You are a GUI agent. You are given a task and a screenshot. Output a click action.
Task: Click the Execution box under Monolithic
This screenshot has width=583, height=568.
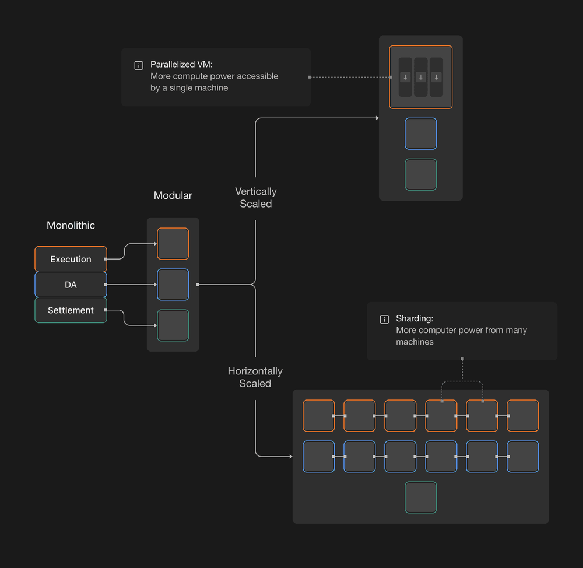tap(71, 259)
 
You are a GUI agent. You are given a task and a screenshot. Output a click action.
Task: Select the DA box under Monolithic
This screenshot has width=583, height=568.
tap(71, 285)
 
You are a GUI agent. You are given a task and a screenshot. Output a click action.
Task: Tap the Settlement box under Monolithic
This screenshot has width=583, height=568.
tap(71, 310)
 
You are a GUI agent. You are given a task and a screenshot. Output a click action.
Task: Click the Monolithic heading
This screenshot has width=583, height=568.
tap(71, 225)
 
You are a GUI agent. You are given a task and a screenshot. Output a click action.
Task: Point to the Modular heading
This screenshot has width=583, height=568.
tap(173, 195)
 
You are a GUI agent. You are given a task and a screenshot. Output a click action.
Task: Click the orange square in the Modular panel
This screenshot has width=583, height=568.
tap(173, 244)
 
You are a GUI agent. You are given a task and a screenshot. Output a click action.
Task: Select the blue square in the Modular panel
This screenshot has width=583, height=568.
tap(173, 285)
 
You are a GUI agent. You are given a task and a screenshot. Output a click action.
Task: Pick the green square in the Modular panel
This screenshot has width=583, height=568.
tap(173, 325)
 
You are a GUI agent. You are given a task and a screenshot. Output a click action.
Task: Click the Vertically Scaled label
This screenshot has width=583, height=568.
tap(255, 198)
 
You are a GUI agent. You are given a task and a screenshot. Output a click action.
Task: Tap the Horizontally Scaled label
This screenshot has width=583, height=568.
tap(255, 377)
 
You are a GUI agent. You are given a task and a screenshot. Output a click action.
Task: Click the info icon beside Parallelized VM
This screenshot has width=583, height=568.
tap(139, 65)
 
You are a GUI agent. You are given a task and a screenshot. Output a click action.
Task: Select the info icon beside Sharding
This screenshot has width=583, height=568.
tap(384, 320)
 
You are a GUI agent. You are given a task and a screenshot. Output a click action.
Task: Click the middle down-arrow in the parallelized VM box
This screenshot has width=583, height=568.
tap(421, 78)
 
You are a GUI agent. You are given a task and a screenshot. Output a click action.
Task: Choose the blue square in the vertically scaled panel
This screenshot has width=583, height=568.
tap(421, 134)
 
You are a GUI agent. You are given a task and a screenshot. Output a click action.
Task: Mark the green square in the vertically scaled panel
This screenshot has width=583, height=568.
tap(421, 174)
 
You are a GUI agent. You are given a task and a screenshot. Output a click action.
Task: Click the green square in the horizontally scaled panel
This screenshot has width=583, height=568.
tap(421, 497)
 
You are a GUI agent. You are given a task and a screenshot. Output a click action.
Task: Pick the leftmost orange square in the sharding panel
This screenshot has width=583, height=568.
tap(319, 416)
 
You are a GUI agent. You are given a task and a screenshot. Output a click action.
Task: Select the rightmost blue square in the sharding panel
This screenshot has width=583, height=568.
tap(523, 457)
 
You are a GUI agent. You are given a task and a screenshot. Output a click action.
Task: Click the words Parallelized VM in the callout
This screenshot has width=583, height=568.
tap(181, 65)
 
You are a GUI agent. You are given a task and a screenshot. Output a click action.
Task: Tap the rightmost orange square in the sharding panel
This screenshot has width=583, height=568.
tap(523, 416)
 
